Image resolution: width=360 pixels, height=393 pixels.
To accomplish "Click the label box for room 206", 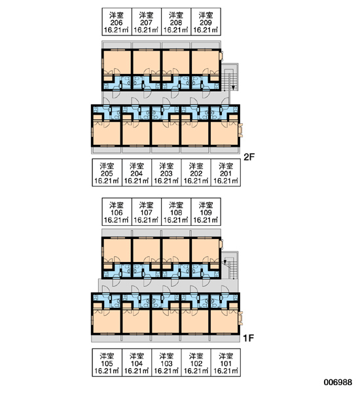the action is pos(117,22).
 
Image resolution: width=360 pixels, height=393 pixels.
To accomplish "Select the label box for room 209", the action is pos(206,22).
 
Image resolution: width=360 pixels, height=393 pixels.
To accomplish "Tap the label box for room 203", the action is pos(166,173).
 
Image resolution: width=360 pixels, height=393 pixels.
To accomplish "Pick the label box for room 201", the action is pos(226,173).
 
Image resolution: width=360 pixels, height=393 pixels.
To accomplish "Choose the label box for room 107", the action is pos(147,212).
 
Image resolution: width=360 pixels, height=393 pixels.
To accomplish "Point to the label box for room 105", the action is pos(107,362).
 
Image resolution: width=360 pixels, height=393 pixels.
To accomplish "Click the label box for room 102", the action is pos(196,362).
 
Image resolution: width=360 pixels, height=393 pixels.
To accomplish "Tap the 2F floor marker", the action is pos(249,157).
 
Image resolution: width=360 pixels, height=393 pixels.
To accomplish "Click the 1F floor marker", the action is pos(249,339).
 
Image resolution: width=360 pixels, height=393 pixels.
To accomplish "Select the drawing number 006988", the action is pos(338,383).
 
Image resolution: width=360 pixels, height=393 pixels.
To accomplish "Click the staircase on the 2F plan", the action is pos(230,77).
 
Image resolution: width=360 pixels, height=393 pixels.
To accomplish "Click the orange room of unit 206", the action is pos(117,63).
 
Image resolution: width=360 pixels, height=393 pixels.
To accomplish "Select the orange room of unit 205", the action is pos(107,133).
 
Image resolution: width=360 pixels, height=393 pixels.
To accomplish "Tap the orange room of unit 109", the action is pos(206,251).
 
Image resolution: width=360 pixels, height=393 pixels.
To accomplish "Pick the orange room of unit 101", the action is pos(225,321).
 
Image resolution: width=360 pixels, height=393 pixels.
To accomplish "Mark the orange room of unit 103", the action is pos(166,321).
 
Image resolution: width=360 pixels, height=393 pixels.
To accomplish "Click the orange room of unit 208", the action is pos(176,63).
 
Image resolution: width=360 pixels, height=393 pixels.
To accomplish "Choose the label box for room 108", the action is pos(176,212).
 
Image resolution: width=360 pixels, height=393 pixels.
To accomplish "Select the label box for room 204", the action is pos(137,173).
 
